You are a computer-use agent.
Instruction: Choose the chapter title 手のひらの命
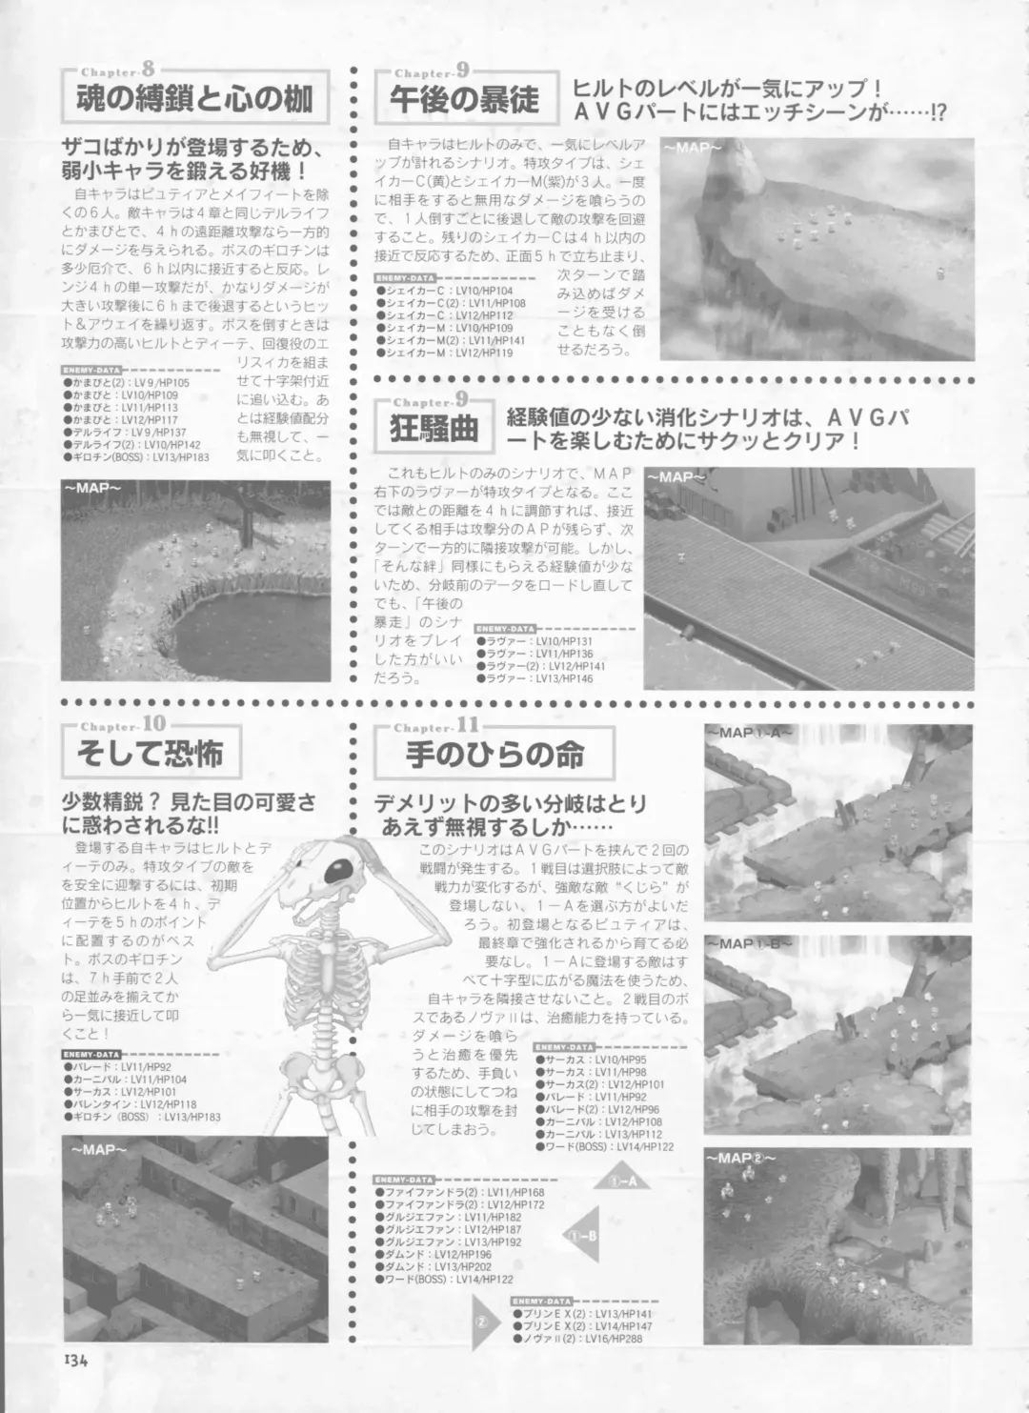494,754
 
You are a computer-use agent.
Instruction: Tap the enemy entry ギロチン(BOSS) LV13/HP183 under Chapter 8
137,457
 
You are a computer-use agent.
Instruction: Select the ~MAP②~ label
741,1158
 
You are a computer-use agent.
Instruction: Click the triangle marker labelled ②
482,1323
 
